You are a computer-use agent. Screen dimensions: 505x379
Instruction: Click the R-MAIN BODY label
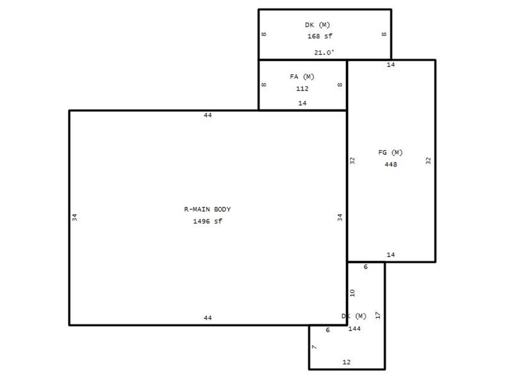pos(207,209)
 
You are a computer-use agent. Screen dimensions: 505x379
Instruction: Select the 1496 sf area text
pos(207,221)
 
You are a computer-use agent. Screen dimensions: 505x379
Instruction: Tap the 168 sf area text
pos(320,36)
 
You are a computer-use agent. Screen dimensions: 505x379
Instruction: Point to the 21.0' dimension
pos(324,53)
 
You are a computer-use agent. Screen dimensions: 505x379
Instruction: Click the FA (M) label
pos(302,77)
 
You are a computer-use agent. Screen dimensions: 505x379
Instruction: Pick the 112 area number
pos(302,88)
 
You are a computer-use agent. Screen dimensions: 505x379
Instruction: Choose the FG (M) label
pos(390,152)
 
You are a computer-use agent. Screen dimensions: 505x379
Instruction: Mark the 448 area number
pos(391,164)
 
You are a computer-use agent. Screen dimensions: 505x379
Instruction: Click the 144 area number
pos(354,328)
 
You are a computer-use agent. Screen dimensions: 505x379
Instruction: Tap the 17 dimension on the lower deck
pos(378,315)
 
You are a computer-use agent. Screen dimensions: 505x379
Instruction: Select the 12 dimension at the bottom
pos(346,362)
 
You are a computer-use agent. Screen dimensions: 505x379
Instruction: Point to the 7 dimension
pos(314,347)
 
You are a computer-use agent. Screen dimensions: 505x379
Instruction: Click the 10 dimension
pos(352,293)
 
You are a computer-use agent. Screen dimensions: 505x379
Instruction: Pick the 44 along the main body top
pos(208,115)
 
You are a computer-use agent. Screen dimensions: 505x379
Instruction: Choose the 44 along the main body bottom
pos(208,318)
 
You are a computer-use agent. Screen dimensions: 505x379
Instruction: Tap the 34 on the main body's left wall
pos(75,217)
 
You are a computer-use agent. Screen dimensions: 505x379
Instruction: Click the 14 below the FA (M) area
pos(302,103)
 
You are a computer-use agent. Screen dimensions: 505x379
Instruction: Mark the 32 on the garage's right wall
pos(428,161)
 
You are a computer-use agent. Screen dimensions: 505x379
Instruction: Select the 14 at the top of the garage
pos(391,65)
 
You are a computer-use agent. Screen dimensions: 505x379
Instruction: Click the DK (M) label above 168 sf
pos(317,25)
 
